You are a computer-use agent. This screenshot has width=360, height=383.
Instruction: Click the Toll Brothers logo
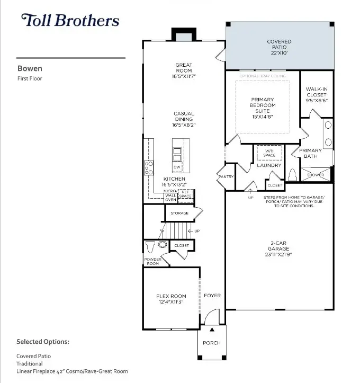click(x=70, y=21)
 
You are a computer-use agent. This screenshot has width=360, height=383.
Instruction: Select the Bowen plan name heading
click(x=29, y=68)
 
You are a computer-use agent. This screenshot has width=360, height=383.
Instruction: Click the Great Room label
click(x=184, y=68)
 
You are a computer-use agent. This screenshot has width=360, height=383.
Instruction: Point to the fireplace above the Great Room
click(x=184, y=35)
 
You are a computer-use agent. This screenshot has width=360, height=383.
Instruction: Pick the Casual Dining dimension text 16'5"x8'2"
click(x=184, y=126)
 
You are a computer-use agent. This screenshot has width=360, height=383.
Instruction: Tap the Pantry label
click(x=225, y=176)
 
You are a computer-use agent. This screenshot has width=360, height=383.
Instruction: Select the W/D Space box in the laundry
click(x=269, y=153)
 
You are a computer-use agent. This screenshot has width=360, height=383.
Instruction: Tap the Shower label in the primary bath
click(x=316, y=175)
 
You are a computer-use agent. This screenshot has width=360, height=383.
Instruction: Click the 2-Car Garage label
click(x=279, y=247)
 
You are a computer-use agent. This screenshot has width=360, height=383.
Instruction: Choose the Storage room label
click(x=179, y=213)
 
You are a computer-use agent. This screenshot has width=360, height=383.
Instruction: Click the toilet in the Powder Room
click(x=150, y=246)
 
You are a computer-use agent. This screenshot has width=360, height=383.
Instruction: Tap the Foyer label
click(x=212, y=296)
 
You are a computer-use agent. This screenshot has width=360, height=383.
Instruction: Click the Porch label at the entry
click(x=212, y=343)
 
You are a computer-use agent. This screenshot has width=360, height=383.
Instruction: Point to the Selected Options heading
click(x=43, y=342)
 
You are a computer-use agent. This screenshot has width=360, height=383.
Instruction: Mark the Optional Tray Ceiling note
click(x=263, y=76)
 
